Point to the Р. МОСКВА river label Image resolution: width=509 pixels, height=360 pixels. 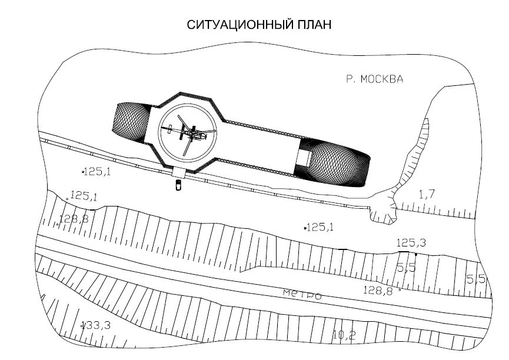coord(375,79)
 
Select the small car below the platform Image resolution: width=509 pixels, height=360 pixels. coord(177,186)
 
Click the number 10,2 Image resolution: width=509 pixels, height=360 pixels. coord(344,336)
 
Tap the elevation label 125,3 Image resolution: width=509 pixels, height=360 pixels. coord(411,243)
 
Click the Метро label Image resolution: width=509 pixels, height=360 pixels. coord(302,294)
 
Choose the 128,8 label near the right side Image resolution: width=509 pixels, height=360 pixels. coord(378,289)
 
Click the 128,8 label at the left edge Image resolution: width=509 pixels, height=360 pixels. coord(74,219)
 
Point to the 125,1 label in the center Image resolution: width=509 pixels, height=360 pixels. coord(321,226)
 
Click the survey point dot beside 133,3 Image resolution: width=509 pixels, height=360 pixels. coord(82,325)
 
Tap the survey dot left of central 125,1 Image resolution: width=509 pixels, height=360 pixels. coord(305,227)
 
